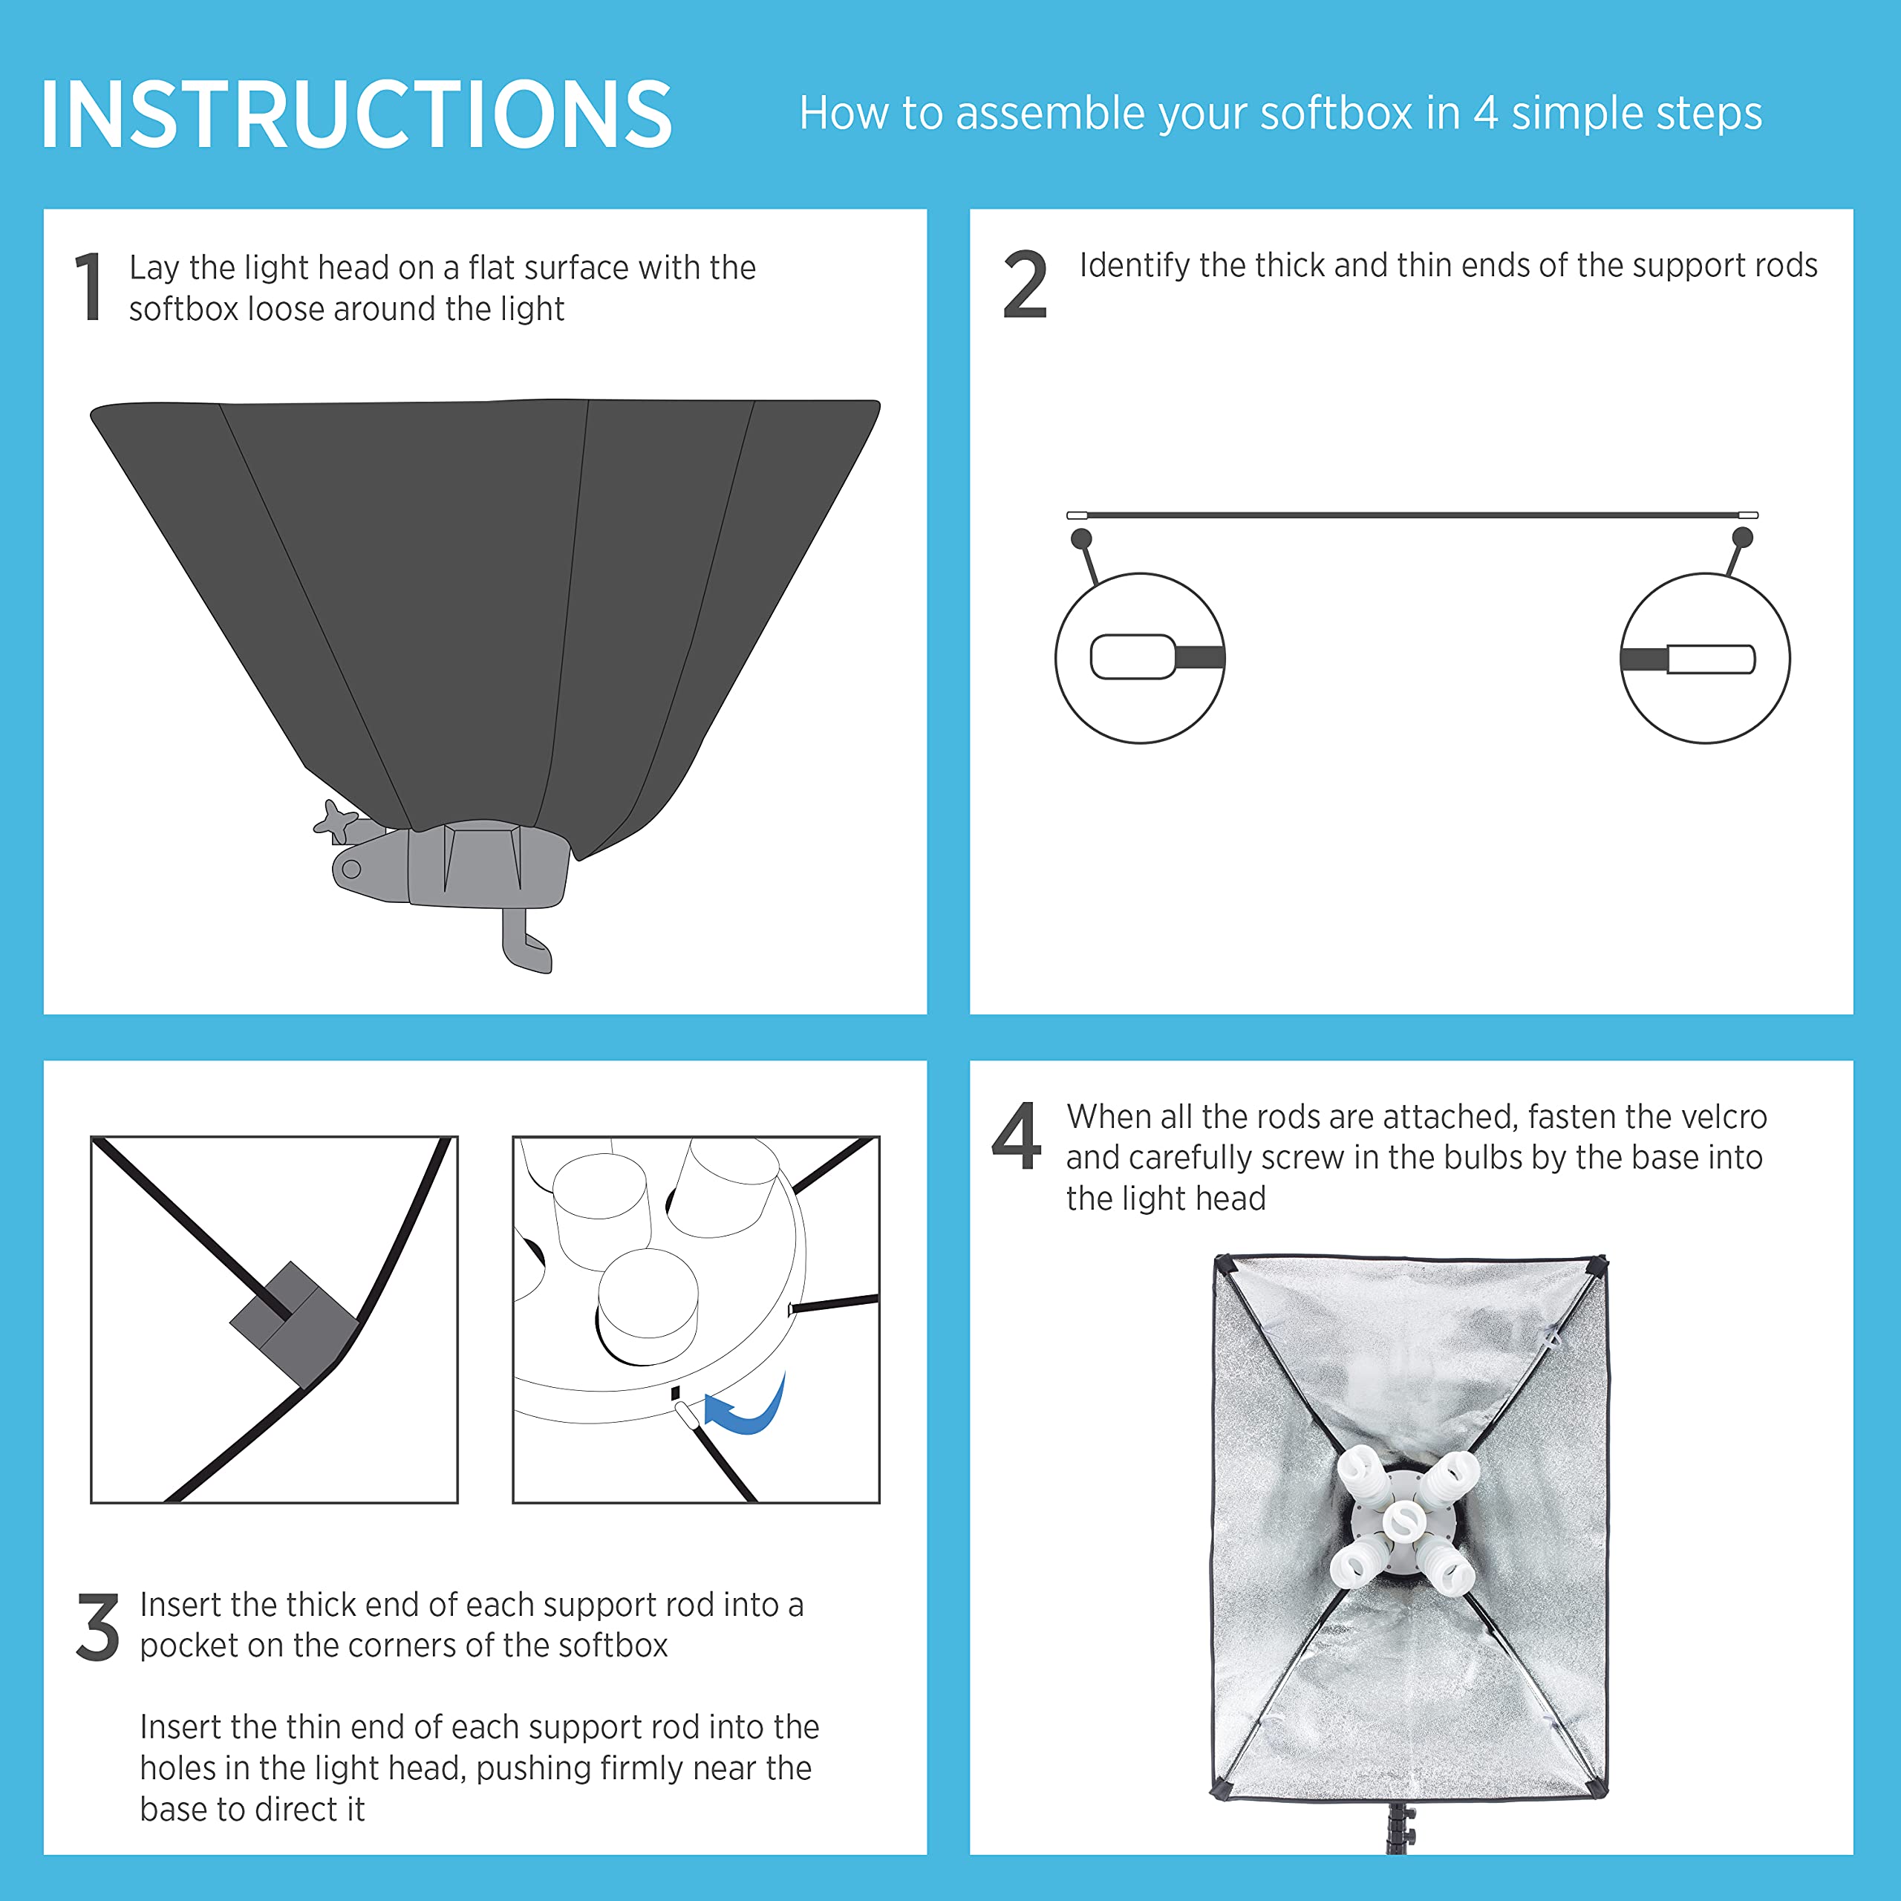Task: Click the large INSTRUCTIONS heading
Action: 356,114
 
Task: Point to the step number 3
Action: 97,1629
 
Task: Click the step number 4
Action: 1017,1135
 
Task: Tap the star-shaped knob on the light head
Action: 335,821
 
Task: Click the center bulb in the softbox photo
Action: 1403,1522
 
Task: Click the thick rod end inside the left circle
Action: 1133,657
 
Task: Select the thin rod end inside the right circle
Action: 1711,659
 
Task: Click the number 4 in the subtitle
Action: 1486,113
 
